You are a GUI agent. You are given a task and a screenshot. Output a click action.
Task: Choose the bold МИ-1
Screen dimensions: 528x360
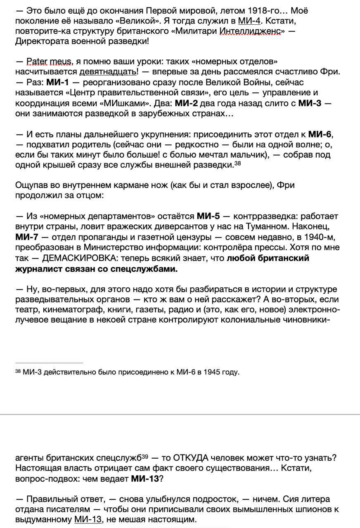click(x=57, y=82)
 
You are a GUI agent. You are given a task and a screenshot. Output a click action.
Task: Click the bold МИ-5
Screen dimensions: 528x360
click(x=208, y=216)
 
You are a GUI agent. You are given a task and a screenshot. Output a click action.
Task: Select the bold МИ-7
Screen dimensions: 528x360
click(x=26, y=237)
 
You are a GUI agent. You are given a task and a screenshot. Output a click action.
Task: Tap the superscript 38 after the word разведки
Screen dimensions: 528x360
click(x=237, y=163)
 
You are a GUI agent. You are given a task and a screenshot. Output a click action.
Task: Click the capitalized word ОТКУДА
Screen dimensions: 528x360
click(x=191, y=458)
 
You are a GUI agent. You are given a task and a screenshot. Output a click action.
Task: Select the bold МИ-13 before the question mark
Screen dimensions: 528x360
click(x=144, y=478)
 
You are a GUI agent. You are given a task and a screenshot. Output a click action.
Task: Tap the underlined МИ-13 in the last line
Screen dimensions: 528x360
click(x=88, y=519)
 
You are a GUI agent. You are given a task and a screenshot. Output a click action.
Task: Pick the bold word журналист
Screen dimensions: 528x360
click(x=40, y=269)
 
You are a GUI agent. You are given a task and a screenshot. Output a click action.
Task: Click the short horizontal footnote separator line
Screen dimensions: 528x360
click(x=49, y=363)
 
